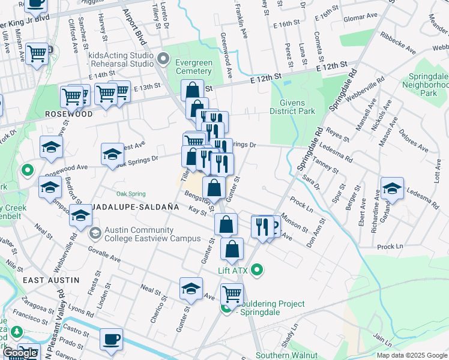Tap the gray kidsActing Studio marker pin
(x=164, y=59)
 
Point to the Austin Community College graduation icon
(x=94, y=232)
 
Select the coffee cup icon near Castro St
(x=111, y=339)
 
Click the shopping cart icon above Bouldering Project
(x=232, y=293)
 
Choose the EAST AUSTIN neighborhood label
(x=51, y=280)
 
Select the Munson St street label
(x=294, y=224)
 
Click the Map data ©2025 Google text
(x=412, y=355)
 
